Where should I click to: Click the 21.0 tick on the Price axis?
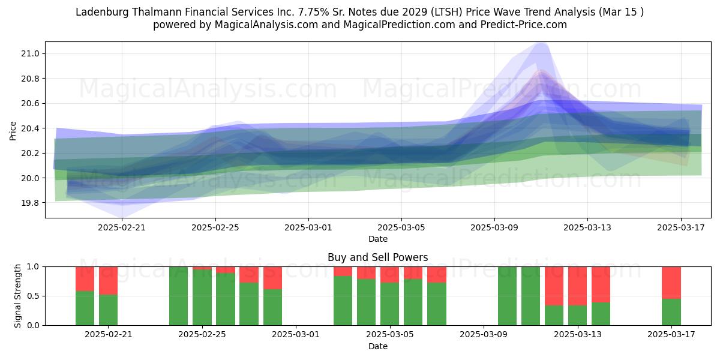pos(30,53)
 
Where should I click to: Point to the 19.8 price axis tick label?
pos(30,203)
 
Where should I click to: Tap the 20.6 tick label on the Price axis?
pos(30,103)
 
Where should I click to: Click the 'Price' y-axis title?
pos(13,131)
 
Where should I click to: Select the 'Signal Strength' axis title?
pos(17,296)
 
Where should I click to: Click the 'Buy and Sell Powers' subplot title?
pos(377,257)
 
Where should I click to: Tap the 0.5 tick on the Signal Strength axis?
pos(34,296)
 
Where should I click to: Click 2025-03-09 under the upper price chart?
pos(494,227)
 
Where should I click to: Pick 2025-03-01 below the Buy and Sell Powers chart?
pos(296,335)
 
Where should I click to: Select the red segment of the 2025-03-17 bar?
pos(671,283)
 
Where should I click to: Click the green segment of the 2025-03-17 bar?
pos(671,312)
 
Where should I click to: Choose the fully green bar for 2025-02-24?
pos(178,296)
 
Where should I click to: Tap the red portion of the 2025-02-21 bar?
pos(109,281)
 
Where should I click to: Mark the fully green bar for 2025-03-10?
pos(507,296)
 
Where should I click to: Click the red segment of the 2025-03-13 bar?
pos(577,286)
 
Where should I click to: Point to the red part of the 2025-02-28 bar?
pos(272,278)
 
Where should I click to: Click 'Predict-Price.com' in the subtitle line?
pos(524,25)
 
